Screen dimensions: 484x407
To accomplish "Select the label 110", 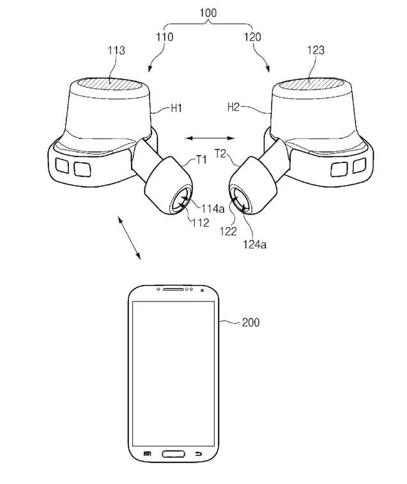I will (164, 37).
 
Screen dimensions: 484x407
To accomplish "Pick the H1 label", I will (177, 109).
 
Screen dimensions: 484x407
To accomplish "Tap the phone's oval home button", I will (173, 454).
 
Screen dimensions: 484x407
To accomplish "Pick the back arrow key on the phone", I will (197, 454).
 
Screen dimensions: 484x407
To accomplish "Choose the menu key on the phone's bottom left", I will (148, 454).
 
